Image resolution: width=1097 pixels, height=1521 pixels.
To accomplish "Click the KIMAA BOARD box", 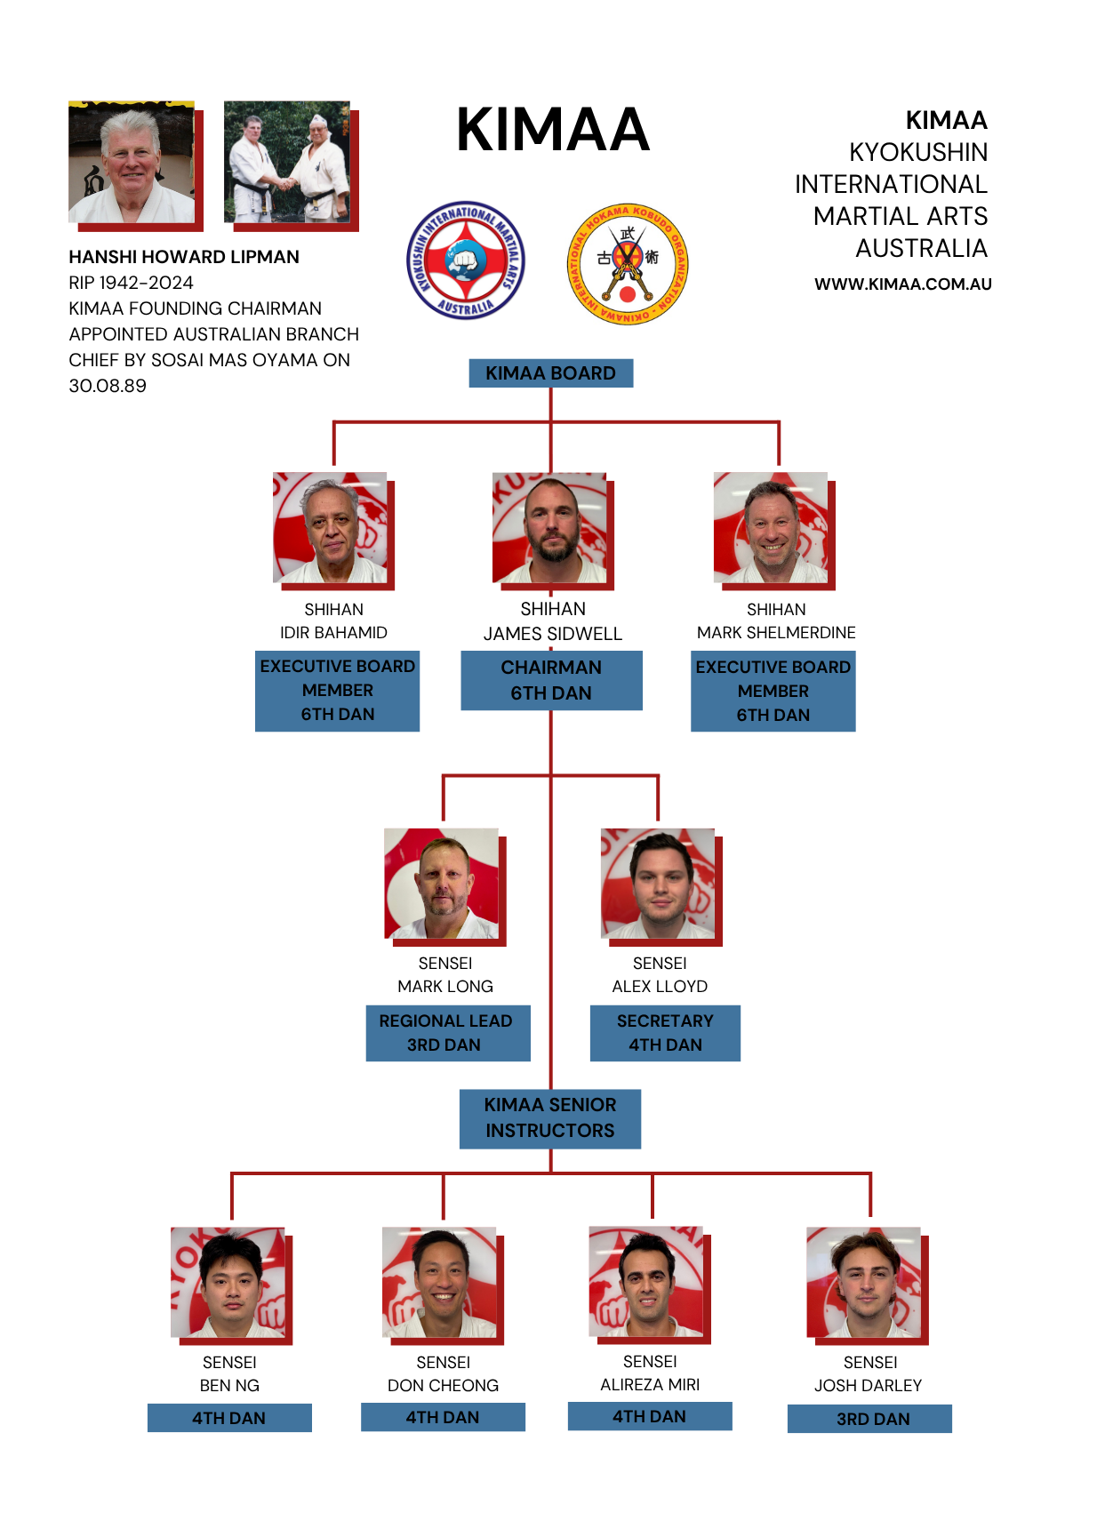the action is [x=550, y=372].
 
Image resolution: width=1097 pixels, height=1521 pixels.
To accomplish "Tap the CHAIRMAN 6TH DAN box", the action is [x=551, y=680].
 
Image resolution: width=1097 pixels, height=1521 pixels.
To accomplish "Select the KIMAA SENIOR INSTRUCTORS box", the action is [x=550, y=1119].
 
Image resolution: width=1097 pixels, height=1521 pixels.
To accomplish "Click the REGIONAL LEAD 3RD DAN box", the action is [x=448, y=1033].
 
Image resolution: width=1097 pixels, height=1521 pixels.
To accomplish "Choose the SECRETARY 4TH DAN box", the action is [x=665, y=1033].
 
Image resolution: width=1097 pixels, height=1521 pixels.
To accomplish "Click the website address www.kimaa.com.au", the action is [x=903, y=284].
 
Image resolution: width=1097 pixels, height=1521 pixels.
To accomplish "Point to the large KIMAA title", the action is [x=553, y=129].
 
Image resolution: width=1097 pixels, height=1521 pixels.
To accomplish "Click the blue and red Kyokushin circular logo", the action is [x=466, y=260].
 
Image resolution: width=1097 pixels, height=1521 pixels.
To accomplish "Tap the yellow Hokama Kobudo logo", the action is [x=628, y=263].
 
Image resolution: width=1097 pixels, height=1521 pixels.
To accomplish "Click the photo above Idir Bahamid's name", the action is [x=333, y=531].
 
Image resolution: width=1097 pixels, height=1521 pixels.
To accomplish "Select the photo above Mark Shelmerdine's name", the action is [x=774, y=531].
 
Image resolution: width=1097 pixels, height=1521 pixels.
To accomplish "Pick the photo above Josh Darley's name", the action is [x=867, y=1285].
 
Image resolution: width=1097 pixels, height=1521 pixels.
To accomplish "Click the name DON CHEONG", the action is [x=443, y=1385].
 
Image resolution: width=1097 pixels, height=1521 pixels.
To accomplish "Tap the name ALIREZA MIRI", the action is [x=650, y=1384].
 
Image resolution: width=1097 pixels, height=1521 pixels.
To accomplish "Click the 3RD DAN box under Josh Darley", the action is [x=869, y=1419].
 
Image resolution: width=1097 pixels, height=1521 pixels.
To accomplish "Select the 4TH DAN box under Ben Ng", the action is [x=229, y=1418].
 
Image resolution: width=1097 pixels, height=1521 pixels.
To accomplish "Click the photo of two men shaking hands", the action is [x=292, y=165].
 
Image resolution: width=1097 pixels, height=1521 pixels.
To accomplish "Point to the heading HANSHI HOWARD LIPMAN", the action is [x=184, y=257].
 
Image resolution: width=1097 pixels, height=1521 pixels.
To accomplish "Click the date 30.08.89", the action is [x=108, y=386].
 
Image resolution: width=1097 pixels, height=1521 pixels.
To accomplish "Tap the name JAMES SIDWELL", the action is [x=553, y=634].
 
